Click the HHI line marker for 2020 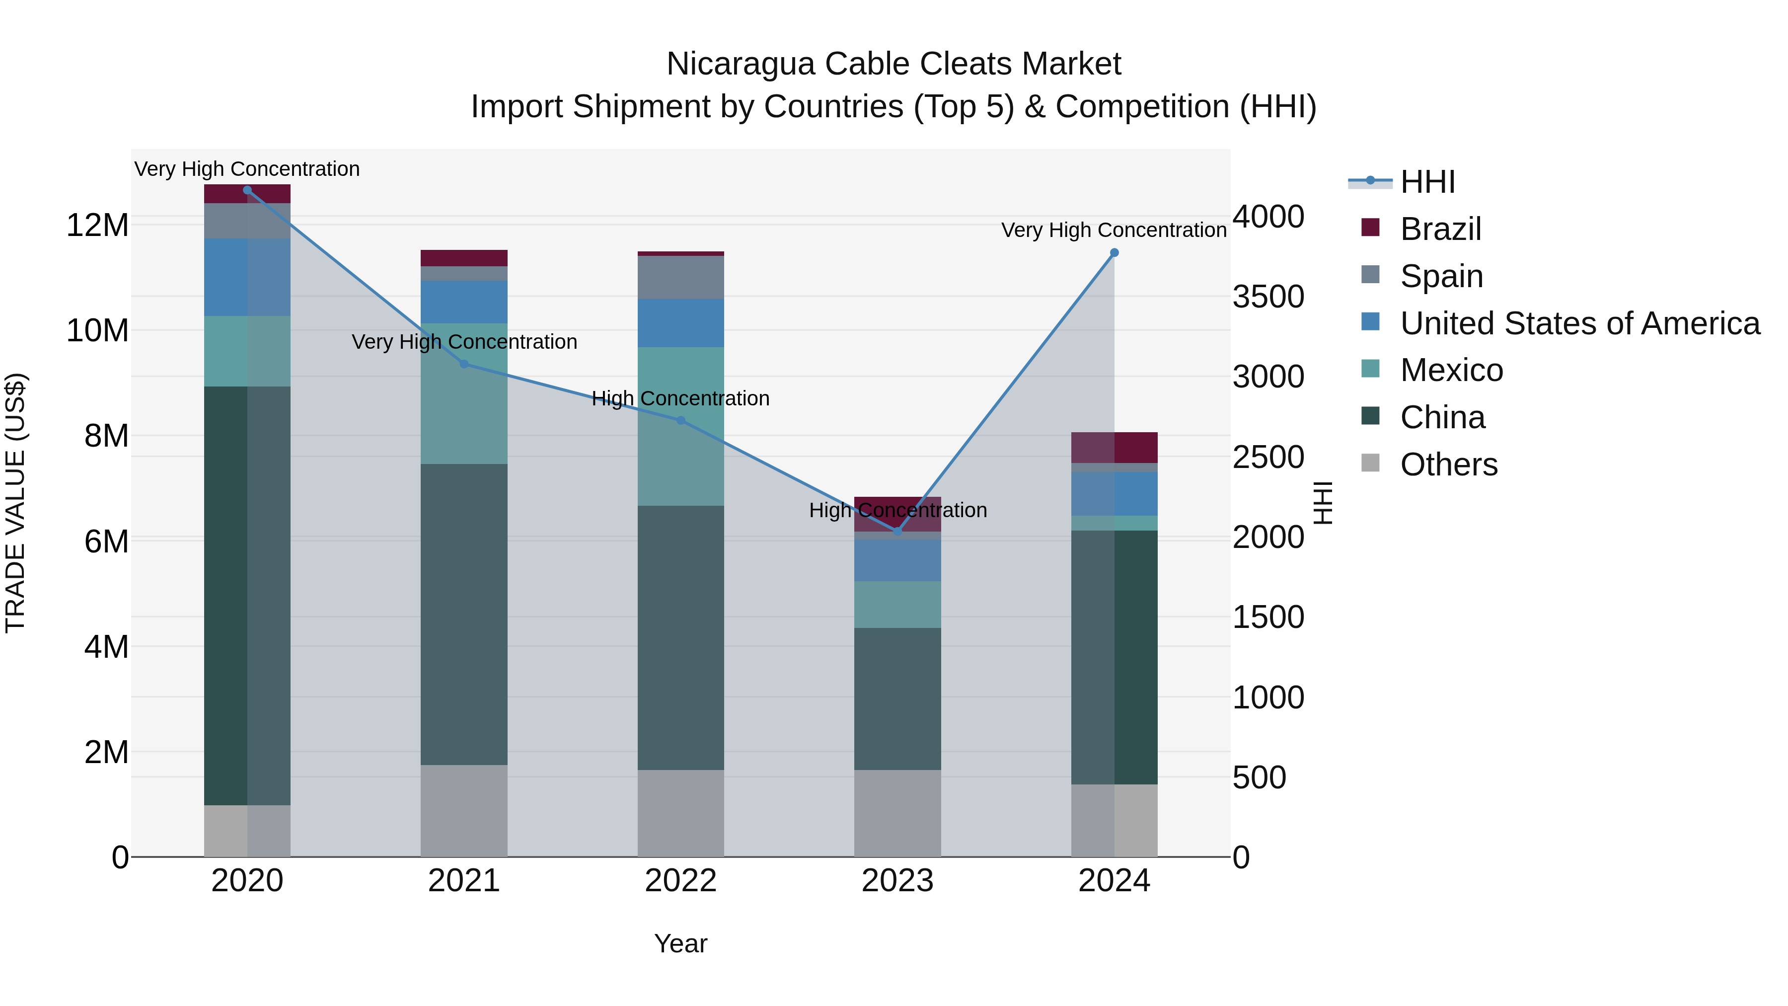click(247, 190)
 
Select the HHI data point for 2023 click(897, 532)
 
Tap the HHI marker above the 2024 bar click(1114, 253)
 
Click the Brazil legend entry click(1440, 229)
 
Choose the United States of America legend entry click(1580, 323)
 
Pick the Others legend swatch click(1370, 463)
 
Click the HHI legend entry click(1427, 182)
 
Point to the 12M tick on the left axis click(97, 226)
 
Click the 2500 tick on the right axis click(1267, 458)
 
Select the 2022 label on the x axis click(680, 881)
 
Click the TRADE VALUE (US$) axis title click(15, 503)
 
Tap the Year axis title click(680, 943)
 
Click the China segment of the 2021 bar click(464, 615)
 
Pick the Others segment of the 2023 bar click(897, 813)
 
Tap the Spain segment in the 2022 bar click(680, 278)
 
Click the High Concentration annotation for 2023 click(897, 510)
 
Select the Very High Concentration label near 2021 click(464, 342)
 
